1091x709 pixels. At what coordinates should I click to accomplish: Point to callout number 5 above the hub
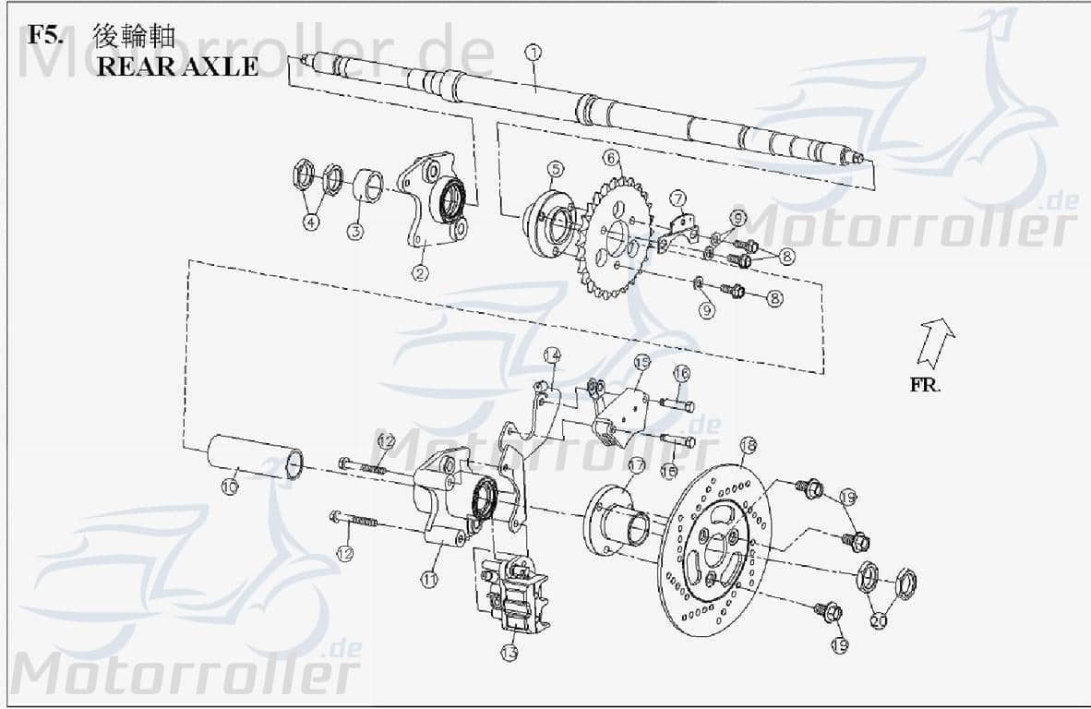click(554, 169)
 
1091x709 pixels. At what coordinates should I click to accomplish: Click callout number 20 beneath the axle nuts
click(878, 621)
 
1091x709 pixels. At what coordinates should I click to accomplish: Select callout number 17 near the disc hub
click(636, 465)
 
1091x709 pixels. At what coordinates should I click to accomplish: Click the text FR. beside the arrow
click(925, 385)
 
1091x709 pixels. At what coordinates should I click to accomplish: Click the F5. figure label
click(46, 36)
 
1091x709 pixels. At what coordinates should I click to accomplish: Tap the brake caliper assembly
click(510, 591)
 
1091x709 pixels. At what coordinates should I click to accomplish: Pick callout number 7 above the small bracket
click(677, 198)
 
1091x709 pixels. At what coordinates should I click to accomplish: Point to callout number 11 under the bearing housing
click(428, 579)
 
